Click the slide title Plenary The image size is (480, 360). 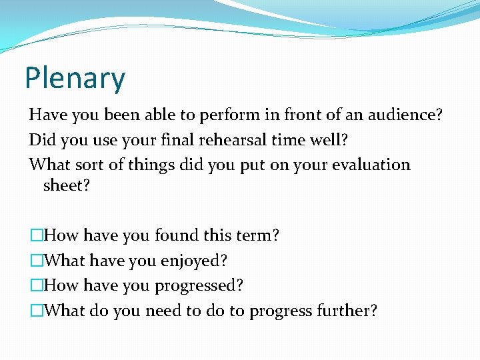click(75, 79)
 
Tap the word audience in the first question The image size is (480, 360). click(406, 115)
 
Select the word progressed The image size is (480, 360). click(199, 286)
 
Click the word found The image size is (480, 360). click(176, 235)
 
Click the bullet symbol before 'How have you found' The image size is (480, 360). click(36, 236)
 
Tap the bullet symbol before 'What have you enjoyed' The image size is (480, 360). click(36, 261)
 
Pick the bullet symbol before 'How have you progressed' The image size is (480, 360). click(36, 286)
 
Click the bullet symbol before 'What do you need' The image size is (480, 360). click(36, 311)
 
